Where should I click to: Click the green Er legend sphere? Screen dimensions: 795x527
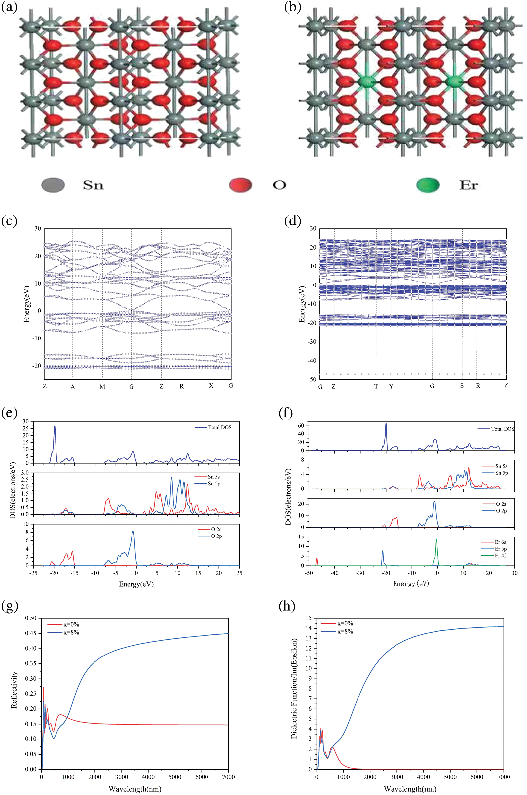coord(428,185)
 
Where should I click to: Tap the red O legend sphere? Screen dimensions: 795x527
coord(240,185)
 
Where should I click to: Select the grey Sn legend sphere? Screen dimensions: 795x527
coord(53,185)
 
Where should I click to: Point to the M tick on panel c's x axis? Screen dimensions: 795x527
coord(102,387)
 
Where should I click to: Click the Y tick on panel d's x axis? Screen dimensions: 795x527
coord(391,386)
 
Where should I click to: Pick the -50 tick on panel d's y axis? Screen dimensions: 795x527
coord(313,379)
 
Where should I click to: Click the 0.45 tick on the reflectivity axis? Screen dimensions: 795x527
coord(31,633)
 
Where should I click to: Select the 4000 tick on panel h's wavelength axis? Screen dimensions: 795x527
coord(423,777)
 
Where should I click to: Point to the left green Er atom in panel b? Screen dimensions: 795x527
coord(366,82)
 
